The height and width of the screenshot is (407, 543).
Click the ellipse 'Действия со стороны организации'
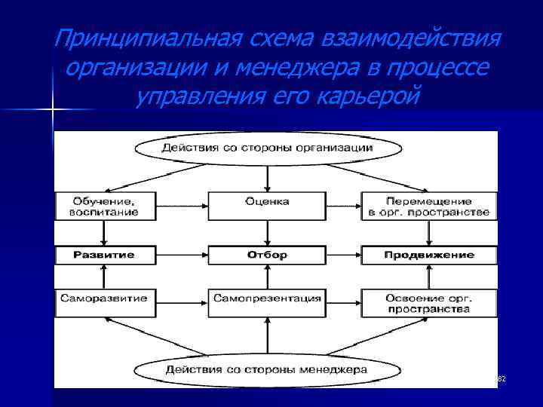(267, 148)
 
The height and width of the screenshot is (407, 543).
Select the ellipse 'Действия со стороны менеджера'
(267, 370)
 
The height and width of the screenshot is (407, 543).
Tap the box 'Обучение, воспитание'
(106, 207)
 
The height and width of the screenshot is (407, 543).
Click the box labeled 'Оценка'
(267, 202)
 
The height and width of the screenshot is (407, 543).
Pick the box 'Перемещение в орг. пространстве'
(428, 207)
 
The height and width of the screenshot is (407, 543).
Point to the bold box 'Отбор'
(267, 255)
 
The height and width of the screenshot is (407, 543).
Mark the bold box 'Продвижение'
(428, 255)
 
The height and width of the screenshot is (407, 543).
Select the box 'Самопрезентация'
(267, 298)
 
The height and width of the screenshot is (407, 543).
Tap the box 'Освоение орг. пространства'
(428, 303)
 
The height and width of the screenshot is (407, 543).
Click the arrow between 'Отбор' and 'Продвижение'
(343, 255)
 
